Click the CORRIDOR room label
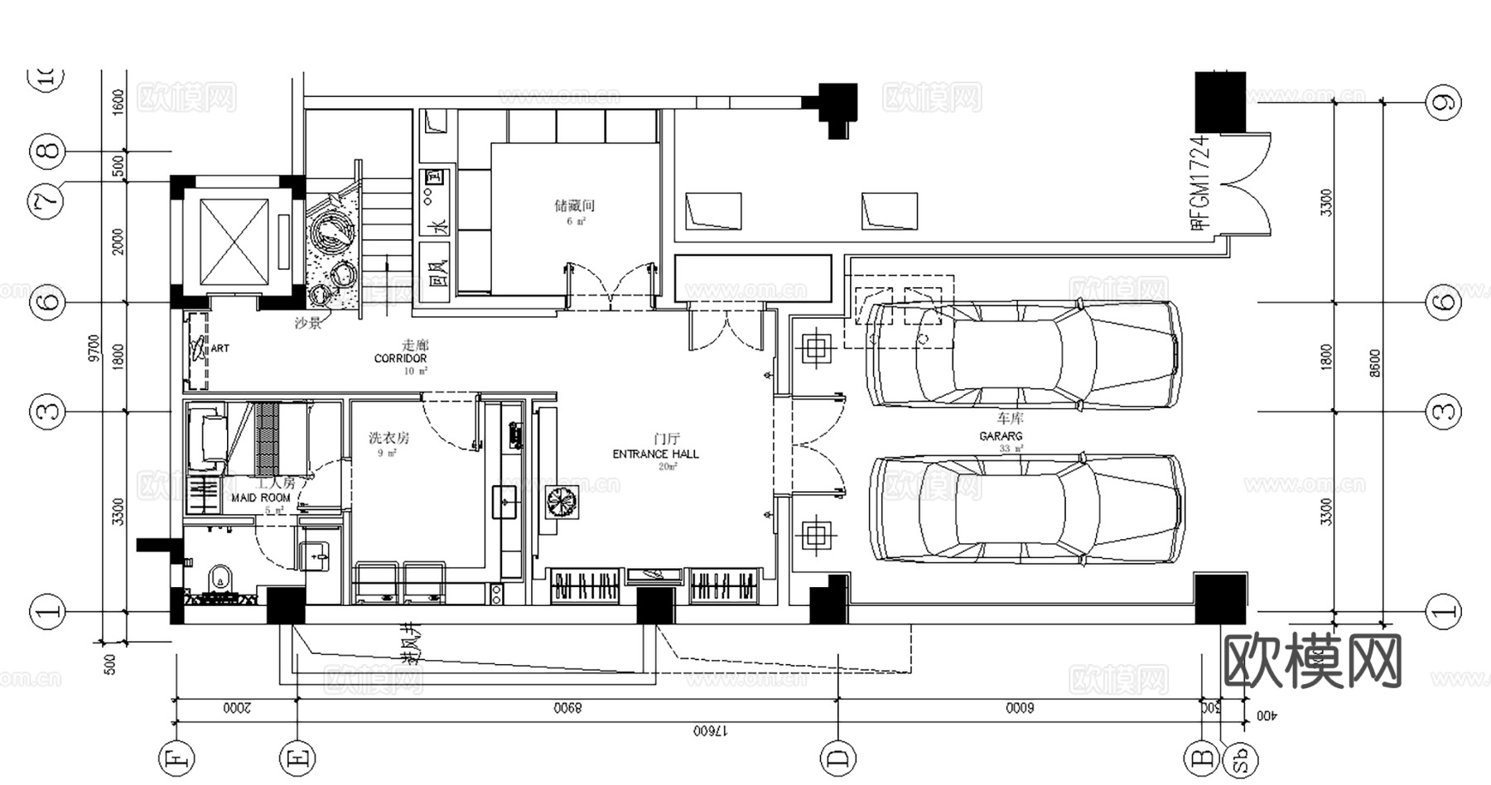(400, 359)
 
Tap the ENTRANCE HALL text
(655, 454)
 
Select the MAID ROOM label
(261, 498)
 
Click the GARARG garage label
(1001, 436)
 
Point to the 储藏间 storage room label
(574, 205)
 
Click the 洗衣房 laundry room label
(388, 438)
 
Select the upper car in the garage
(1025, 354)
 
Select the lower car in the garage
(1027, 511)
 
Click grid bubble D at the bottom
(837, 757)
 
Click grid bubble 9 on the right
(1443, 103)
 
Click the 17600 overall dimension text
(710, 731)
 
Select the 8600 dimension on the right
(1375, 363)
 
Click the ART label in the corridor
(220, 349)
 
